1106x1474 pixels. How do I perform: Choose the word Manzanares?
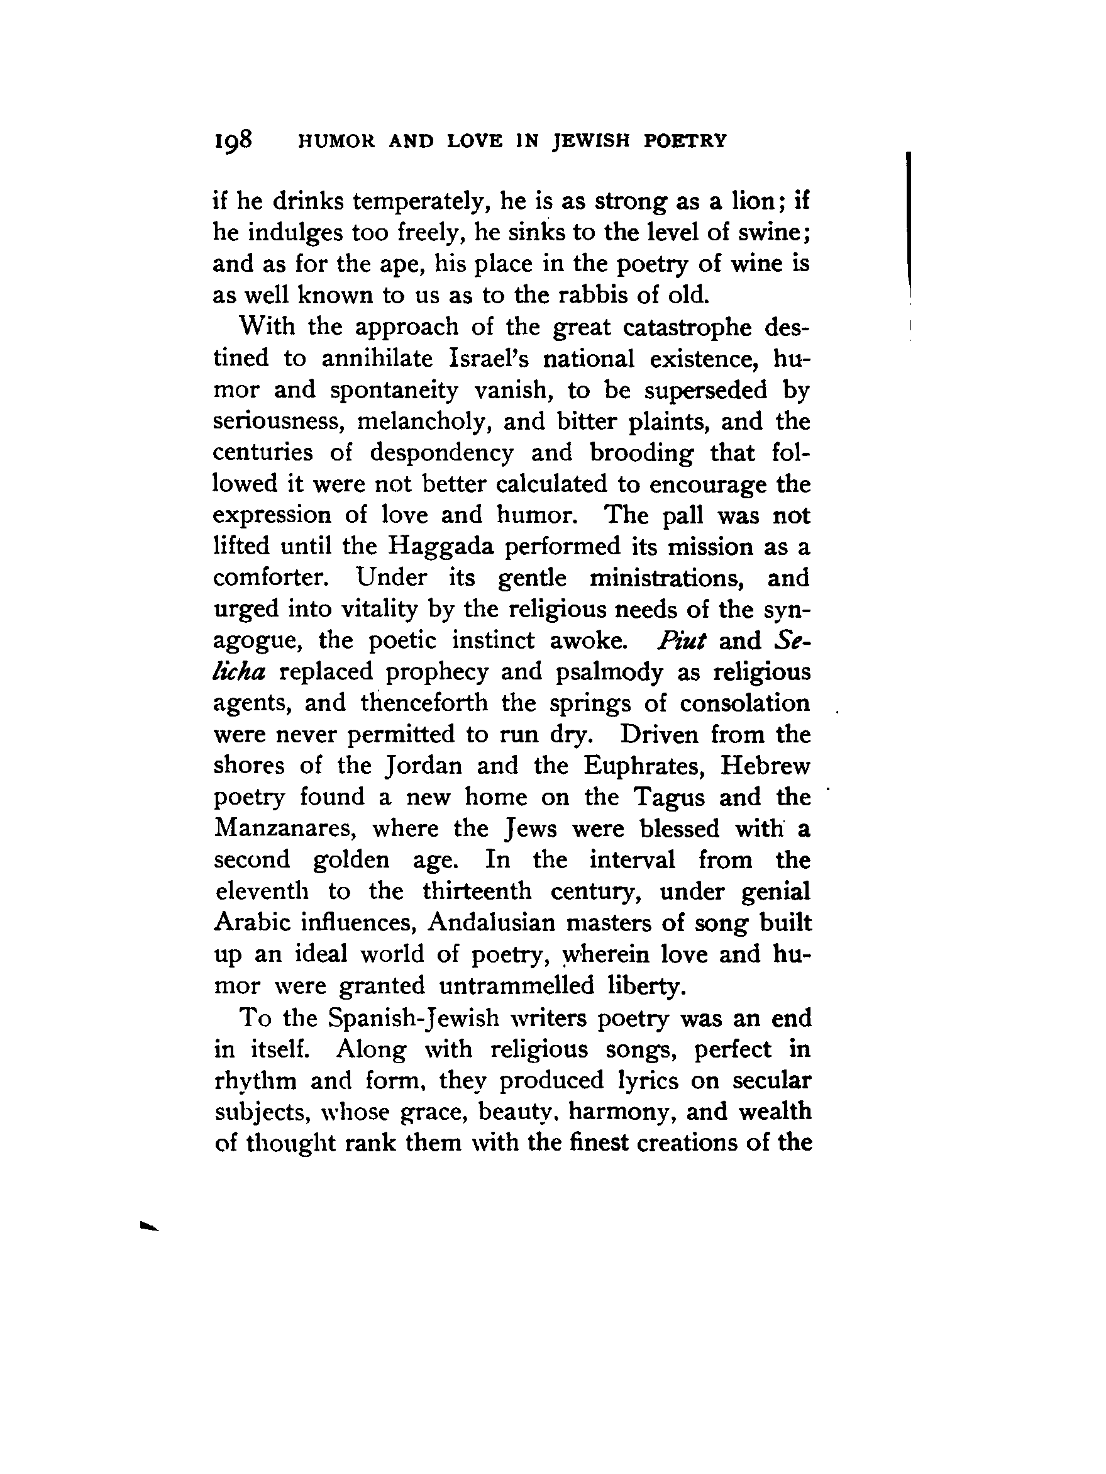285,829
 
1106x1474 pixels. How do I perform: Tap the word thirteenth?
477,891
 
